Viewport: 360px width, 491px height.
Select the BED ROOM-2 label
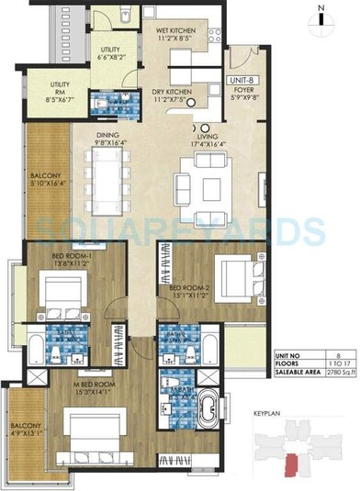point(186,292)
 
